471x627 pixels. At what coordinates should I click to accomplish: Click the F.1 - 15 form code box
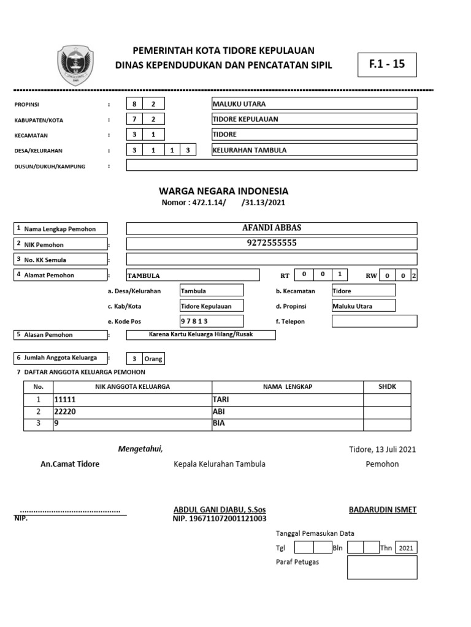tap(387, 64)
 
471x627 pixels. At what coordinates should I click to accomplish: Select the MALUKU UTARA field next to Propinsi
tap(314, 103)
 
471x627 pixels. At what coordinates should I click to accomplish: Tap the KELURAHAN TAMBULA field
tap(314, 150)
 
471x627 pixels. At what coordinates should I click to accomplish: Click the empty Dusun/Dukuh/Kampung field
tap(271, 165)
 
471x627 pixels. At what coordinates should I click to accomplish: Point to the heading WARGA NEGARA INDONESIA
tap(224, 191)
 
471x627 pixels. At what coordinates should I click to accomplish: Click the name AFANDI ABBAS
tap(272, 228)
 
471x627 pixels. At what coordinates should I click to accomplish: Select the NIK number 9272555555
tap(272, 243)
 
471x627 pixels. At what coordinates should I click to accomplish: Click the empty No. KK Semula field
tap(271, 259)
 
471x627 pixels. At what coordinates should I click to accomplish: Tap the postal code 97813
tap(212, 321)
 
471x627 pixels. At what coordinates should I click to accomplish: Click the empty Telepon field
tap(374, 321)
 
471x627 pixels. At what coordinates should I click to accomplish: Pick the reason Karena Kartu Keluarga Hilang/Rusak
tap(201, 335)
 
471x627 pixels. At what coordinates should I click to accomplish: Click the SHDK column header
tap(388, 386)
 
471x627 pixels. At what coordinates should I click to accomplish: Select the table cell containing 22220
tap(132, 411)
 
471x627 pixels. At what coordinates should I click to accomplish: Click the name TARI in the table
tap(287, 399)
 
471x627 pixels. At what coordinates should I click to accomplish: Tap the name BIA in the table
tap(287, 424)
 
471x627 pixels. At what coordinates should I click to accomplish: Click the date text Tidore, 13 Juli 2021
tap(382, 449)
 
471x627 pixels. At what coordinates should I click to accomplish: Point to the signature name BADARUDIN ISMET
tap(383, 509)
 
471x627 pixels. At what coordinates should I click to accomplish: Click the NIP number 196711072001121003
tap(220, 519)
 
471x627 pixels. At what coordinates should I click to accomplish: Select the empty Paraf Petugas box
tap(382, 567)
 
